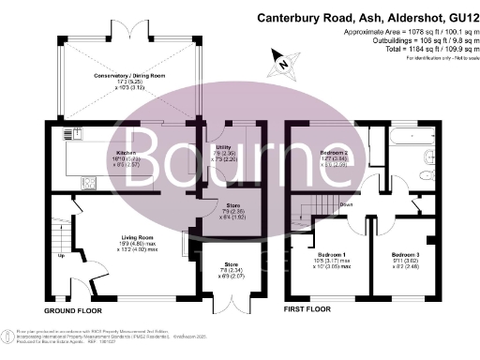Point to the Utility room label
click(x=222, y=148)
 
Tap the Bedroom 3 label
click(x=405, y=255)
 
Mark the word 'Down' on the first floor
click(x=346, y=203)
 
